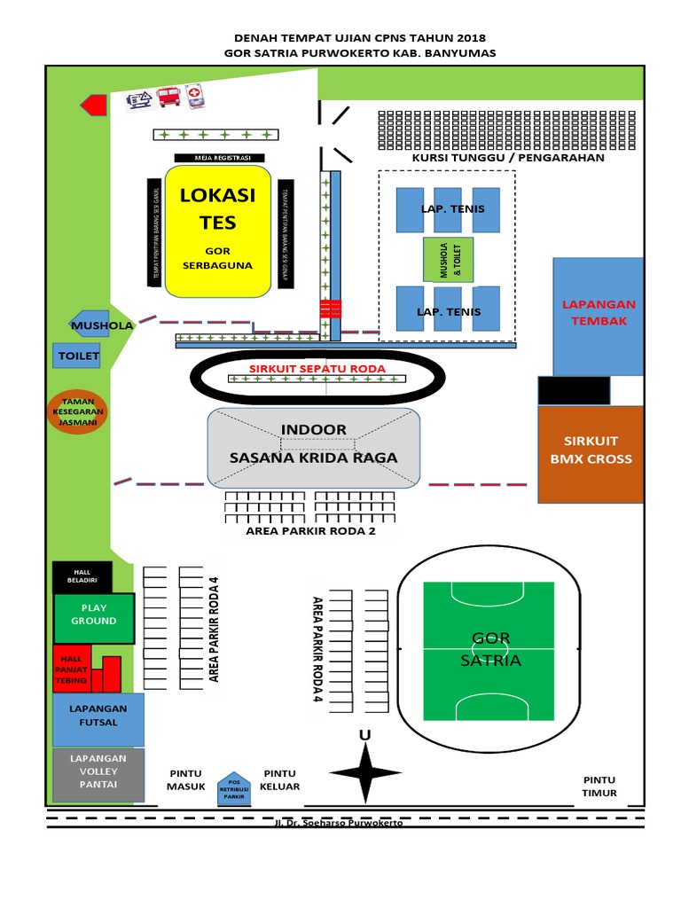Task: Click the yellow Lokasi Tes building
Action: pyautogui.click(x=217, y=231)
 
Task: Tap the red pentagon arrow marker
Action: pyautogui.click(x=94, y=105)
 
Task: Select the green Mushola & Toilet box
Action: pyautogui.click(x=448, y=262)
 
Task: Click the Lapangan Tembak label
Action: pyautogui.click(x=599, y=312)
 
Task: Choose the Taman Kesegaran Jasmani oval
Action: pyautogui.click(x=78, y=412)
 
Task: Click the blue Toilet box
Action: pyautogui.click(x=78, y=356)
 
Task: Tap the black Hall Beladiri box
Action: pyautogui.click(x=82, y=576)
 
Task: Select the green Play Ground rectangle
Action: pyautogui.click(x=94, y=617)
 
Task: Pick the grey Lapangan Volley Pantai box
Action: pyautogui.click(x=98, y=774)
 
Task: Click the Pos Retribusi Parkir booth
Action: pyautogui.click(x=234, y=789)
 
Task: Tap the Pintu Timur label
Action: pyautogui.click(x=599, y=787)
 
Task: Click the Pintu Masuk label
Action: pyautogui.click(x=186, y=780)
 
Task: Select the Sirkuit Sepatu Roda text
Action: pyautogui.click(x=317, y=368)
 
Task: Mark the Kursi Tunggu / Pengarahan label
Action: pyautogui.click(x=508, y=158)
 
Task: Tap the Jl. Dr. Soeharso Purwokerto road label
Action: pyautogui.click(x=339, y=823)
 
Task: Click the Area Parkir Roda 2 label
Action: pyautogui.click(x=310, y=532)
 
